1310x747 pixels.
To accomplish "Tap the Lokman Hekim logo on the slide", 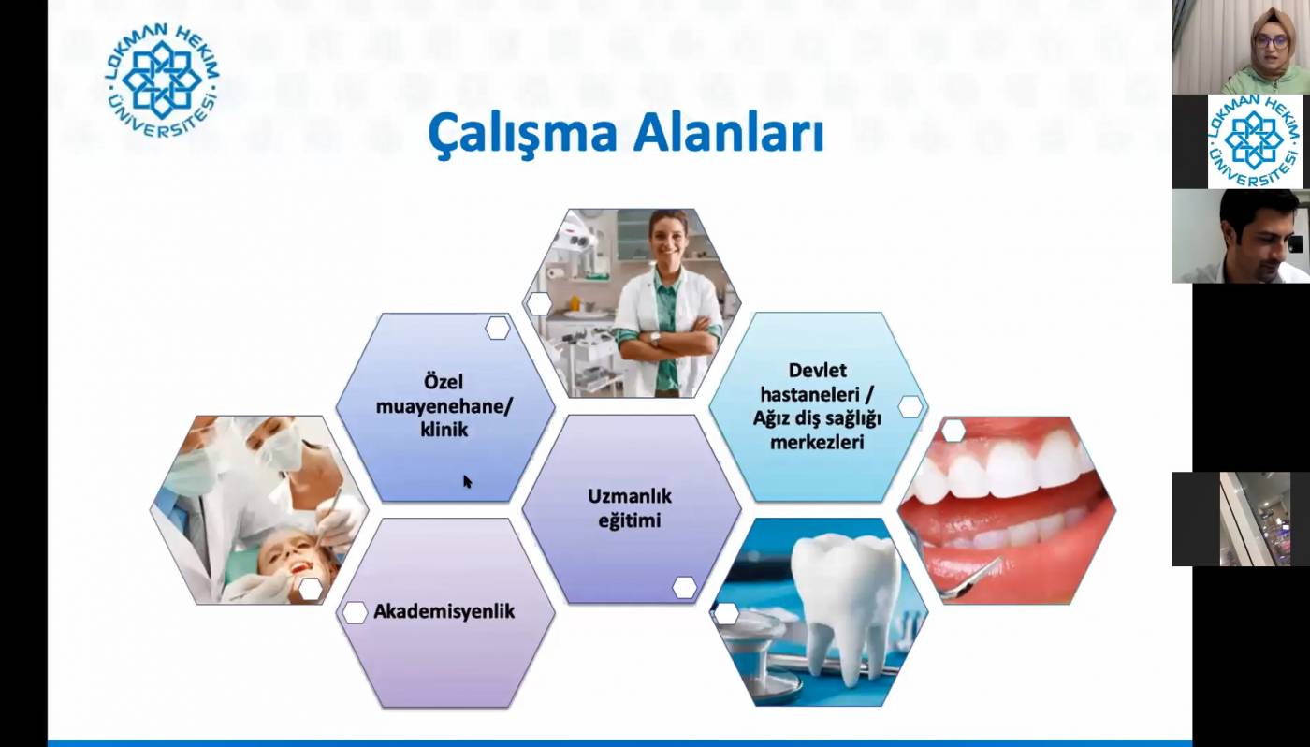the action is pyautogui.click(x=163, y=81).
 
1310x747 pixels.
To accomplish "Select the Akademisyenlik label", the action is pyautogui.click(x=444, y=611).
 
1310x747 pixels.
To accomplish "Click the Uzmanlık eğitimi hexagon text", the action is pyautogui.click(x=629, y=508).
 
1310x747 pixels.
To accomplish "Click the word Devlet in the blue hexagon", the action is pyautogui.click(x=817, y=371).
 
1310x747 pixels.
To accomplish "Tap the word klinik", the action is pyautogui.click(x=444, y=430).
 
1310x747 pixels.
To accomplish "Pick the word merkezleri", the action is pyautogui.click(x=817, y=442).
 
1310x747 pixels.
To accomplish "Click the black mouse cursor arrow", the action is pyautogui.click(x=467, y=481).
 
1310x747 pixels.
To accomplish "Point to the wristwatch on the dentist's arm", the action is pyautogui.click(x=655, y=339).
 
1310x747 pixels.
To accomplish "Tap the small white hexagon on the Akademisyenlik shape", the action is pyautogui.click(x=355, y=612).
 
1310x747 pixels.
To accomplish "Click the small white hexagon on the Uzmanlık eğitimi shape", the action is pyautogui.click(x=684, y=587).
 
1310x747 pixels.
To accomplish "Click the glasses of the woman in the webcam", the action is pyautogui.click(x=1271, y=42).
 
